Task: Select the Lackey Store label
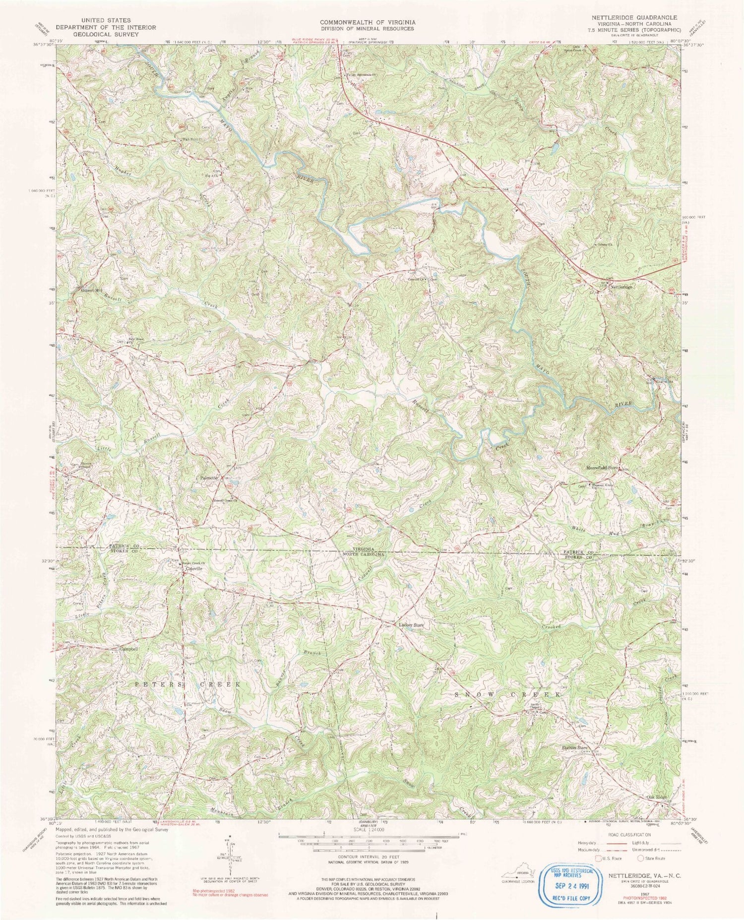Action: pyautogui.click(x=411, y=625)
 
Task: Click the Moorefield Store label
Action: pyautogui.click(x=602, y=468)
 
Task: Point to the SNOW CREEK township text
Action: pyautogui.click(x=508, y=695)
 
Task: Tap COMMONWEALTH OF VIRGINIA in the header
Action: pyautogui.click(x=368, y=22)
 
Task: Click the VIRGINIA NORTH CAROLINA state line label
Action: pyautogui.click(x=367, y=552)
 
